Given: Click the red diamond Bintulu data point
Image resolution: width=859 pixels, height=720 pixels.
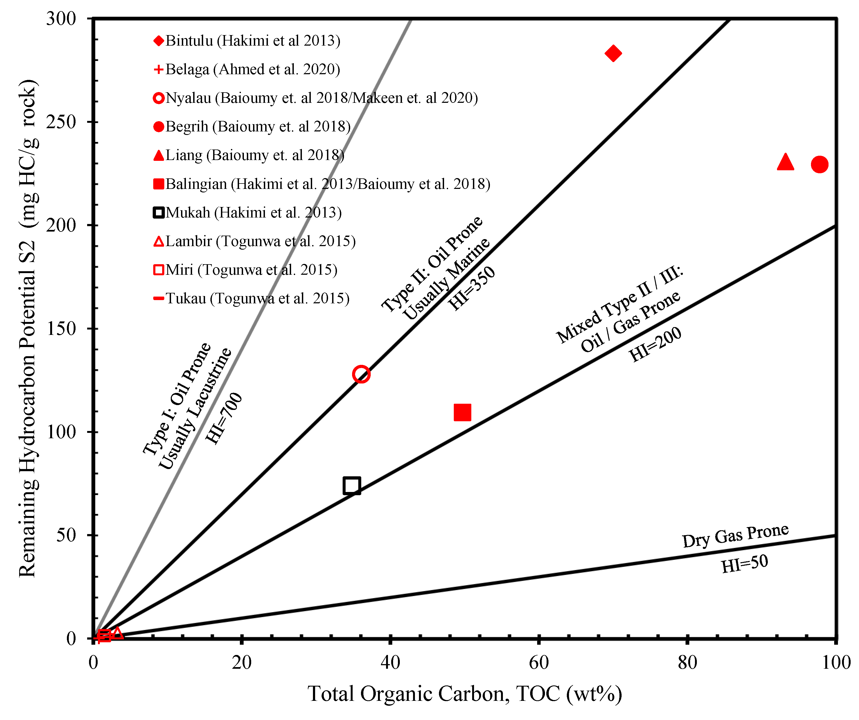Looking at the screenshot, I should (613, 53).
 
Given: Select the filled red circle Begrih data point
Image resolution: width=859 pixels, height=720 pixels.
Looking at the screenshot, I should (819, 164).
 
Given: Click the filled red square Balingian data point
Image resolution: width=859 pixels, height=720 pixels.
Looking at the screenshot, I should (462, 412).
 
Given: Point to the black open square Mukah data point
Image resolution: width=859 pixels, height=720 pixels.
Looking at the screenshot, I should (352, 485).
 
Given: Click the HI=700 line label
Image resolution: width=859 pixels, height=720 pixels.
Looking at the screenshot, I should (224, 418).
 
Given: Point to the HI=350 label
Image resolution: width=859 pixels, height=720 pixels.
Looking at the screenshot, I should (472, 288).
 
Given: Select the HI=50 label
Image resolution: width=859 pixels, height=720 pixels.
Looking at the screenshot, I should (744, 564).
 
